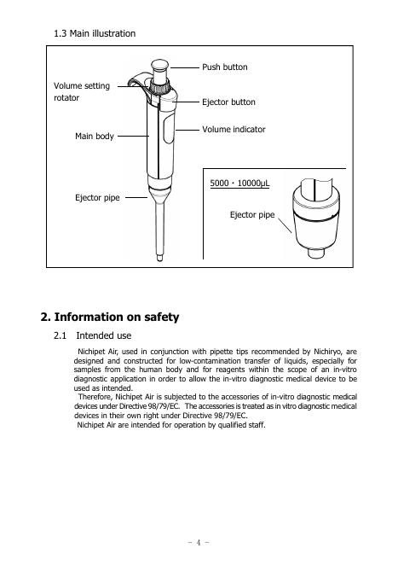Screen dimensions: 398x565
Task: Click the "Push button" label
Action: (x=224, y=67)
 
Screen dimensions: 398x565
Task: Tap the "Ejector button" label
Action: (x=228, y=102)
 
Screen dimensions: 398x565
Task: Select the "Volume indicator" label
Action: (x=234, y=130)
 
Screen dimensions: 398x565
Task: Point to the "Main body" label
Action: (x=95, y=137)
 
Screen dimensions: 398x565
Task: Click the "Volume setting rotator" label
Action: (x=82, y=91)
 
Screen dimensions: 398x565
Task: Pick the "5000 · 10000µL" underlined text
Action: (x=239, y=183)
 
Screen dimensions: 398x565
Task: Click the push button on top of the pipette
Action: (x=159, y=67)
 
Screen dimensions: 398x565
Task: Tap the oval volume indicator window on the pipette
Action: (x=169, y=129)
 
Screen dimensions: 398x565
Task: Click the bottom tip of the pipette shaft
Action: (x=159, y=259)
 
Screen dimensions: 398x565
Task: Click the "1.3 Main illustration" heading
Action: (x=95, y=33)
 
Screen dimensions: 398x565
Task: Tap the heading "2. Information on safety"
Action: (x=110, y=317)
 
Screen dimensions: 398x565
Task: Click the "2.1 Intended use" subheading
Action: (x=93, y=335)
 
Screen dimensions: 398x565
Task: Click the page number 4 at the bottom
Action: (x=199, y=542)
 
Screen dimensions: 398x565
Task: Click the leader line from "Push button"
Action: (x=185, y=67)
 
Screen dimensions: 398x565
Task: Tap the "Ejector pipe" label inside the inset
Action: (x=252, y=215)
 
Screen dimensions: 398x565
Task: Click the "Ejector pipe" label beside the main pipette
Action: (x=97, y=198)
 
